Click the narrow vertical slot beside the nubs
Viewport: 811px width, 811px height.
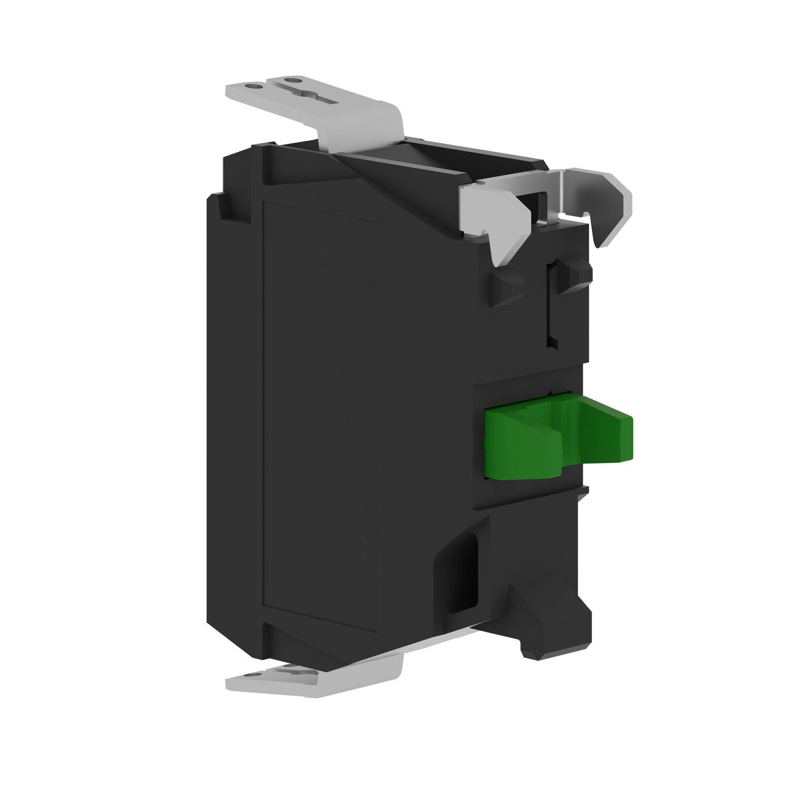point(552,306)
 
